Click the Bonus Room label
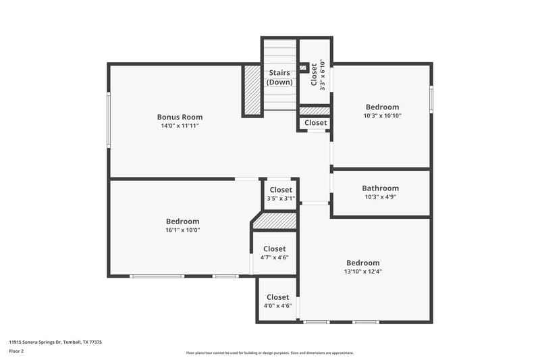[180, 117]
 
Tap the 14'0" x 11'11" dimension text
[180, 126]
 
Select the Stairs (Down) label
[279, 77]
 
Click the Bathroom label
[380, 188]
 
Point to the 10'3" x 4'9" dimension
[380, 197]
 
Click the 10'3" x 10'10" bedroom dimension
[382, 116]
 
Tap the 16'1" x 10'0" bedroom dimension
[182, 230]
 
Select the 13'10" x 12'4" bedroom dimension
[363, 272]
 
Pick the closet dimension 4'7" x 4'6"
[274, 257]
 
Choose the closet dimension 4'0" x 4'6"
[277, 306]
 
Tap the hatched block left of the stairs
[252, 91]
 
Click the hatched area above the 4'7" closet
[275, 221]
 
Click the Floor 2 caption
[16, 351]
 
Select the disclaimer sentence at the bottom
[269, 353]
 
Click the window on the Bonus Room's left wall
[109, 120]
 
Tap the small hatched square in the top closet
[304, 68]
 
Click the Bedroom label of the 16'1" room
[182, 221]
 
